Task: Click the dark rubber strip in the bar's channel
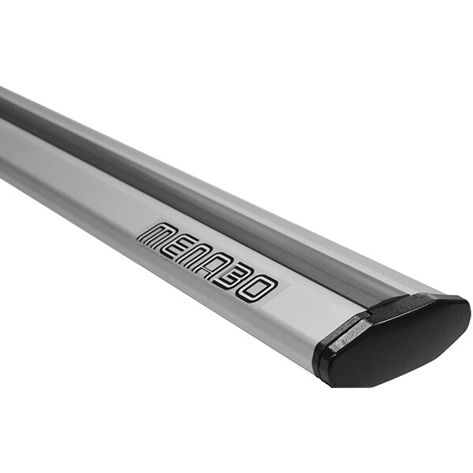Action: point(197,197)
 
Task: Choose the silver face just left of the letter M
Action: point(118,221)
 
